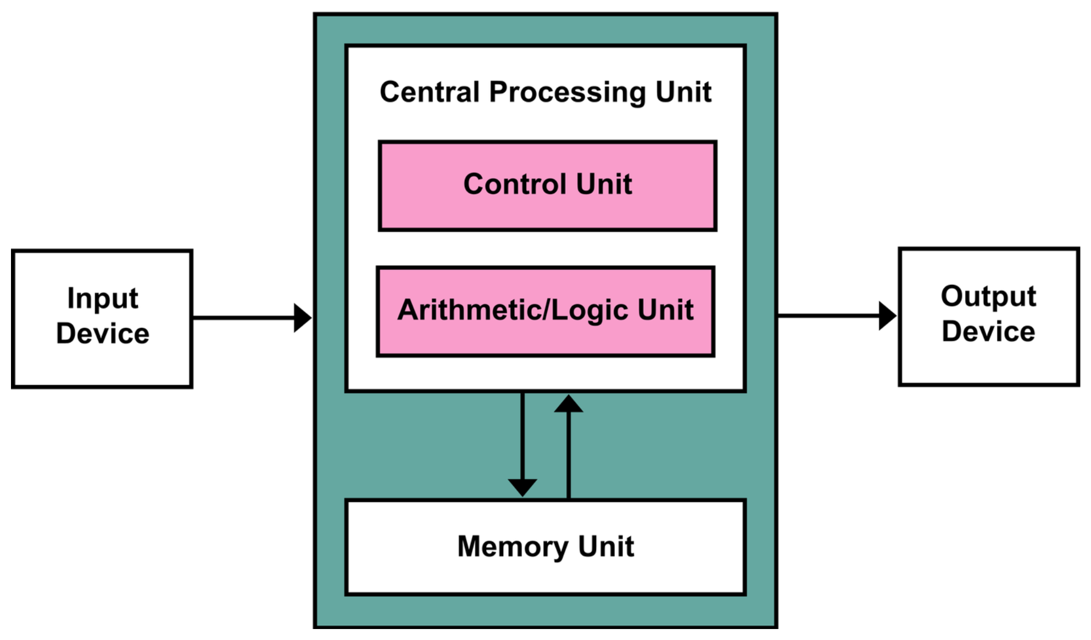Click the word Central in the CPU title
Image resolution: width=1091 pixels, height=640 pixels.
click(x=430, y=92)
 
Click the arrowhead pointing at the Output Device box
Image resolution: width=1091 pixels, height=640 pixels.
click(x=887, y=316)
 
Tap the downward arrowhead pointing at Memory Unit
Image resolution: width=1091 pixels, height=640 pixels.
click(x=522, y=487)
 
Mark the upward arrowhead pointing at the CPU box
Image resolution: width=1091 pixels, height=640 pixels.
click(x=569, y=404)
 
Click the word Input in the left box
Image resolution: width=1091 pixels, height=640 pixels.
click(x=102, y=299)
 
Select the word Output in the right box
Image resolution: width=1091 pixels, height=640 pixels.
click(x=988, y=297)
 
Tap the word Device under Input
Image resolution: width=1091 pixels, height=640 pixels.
click(x=102, y=334)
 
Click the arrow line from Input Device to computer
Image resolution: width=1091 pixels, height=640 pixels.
click(x=242, y=318)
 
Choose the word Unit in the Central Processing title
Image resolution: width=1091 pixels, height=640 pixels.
click(x=683, y=92)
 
